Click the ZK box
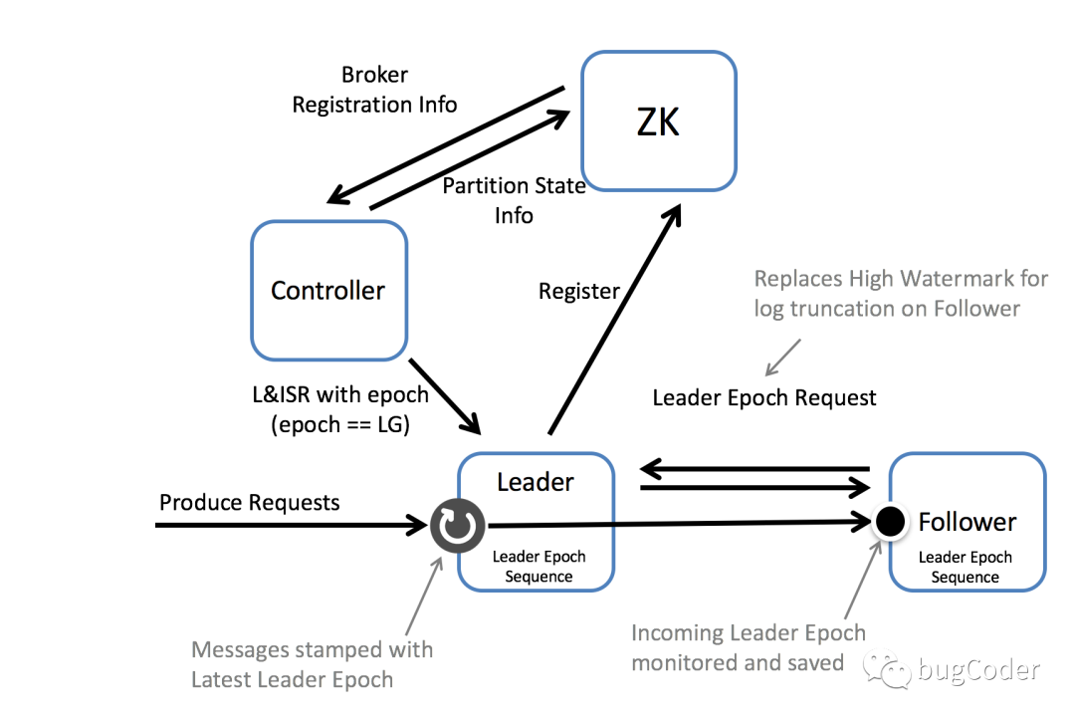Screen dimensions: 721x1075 tap(659, 121)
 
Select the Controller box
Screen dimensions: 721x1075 tap(328, 290)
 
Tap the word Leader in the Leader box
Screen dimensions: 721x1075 tap(536, 482)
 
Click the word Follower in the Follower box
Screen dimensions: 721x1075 tap(967, 522)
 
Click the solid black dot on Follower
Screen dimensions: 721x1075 tap(889, 520)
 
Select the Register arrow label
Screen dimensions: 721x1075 tap(578, 292)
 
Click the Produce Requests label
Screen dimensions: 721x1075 tap(249, 502)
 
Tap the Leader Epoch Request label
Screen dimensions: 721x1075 tap(764, 398)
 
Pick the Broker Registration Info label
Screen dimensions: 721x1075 tap(374, 90)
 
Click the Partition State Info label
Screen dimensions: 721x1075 tap(514, 200)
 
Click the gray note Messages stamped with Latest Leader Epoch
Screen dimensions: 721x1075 tap(313, 665)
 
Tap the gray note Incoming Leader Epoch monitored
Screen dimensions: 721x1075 tap(748, 647)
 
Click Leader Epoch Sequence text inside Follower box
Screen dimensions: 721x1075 tap(965, 568)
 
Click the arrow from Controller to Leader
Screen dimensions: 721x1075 tap(446, 396)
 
